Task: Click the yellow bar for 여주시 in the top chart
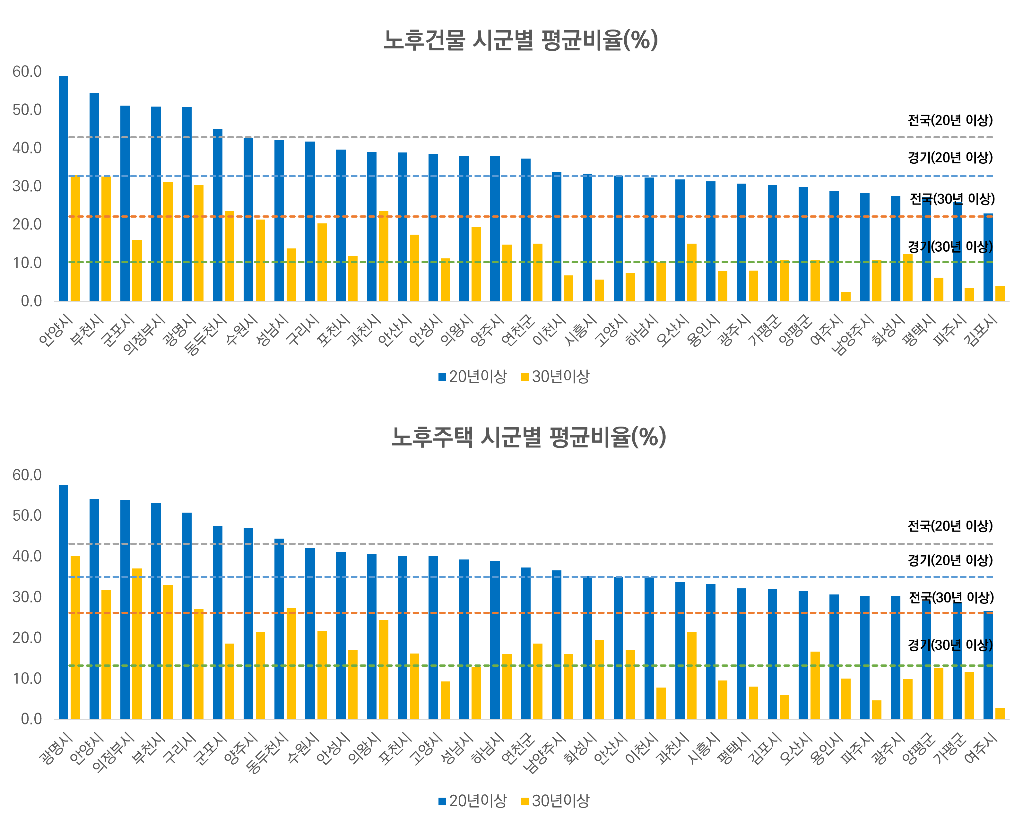(x=845, y=297)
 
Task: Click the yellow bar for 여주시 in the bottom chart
(x=1000, y=714)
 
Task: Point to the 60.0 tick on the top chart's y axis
(x=27, y=72)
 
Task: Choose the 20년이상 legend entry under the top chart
(x=472, y=377)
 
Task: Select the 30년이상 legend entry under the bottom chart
(x=555, y=801)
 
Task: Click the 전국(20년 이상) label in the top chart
(x=950, y=120)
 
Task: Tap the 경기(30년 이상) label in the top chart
(x=950, y=247)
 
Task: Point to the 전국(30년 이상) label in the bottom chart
(x=951, y=597)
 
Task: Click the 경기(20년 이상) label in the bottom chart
(x=950, y=560)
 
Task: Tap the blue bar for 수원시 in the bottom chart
(x=310, y=633)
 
